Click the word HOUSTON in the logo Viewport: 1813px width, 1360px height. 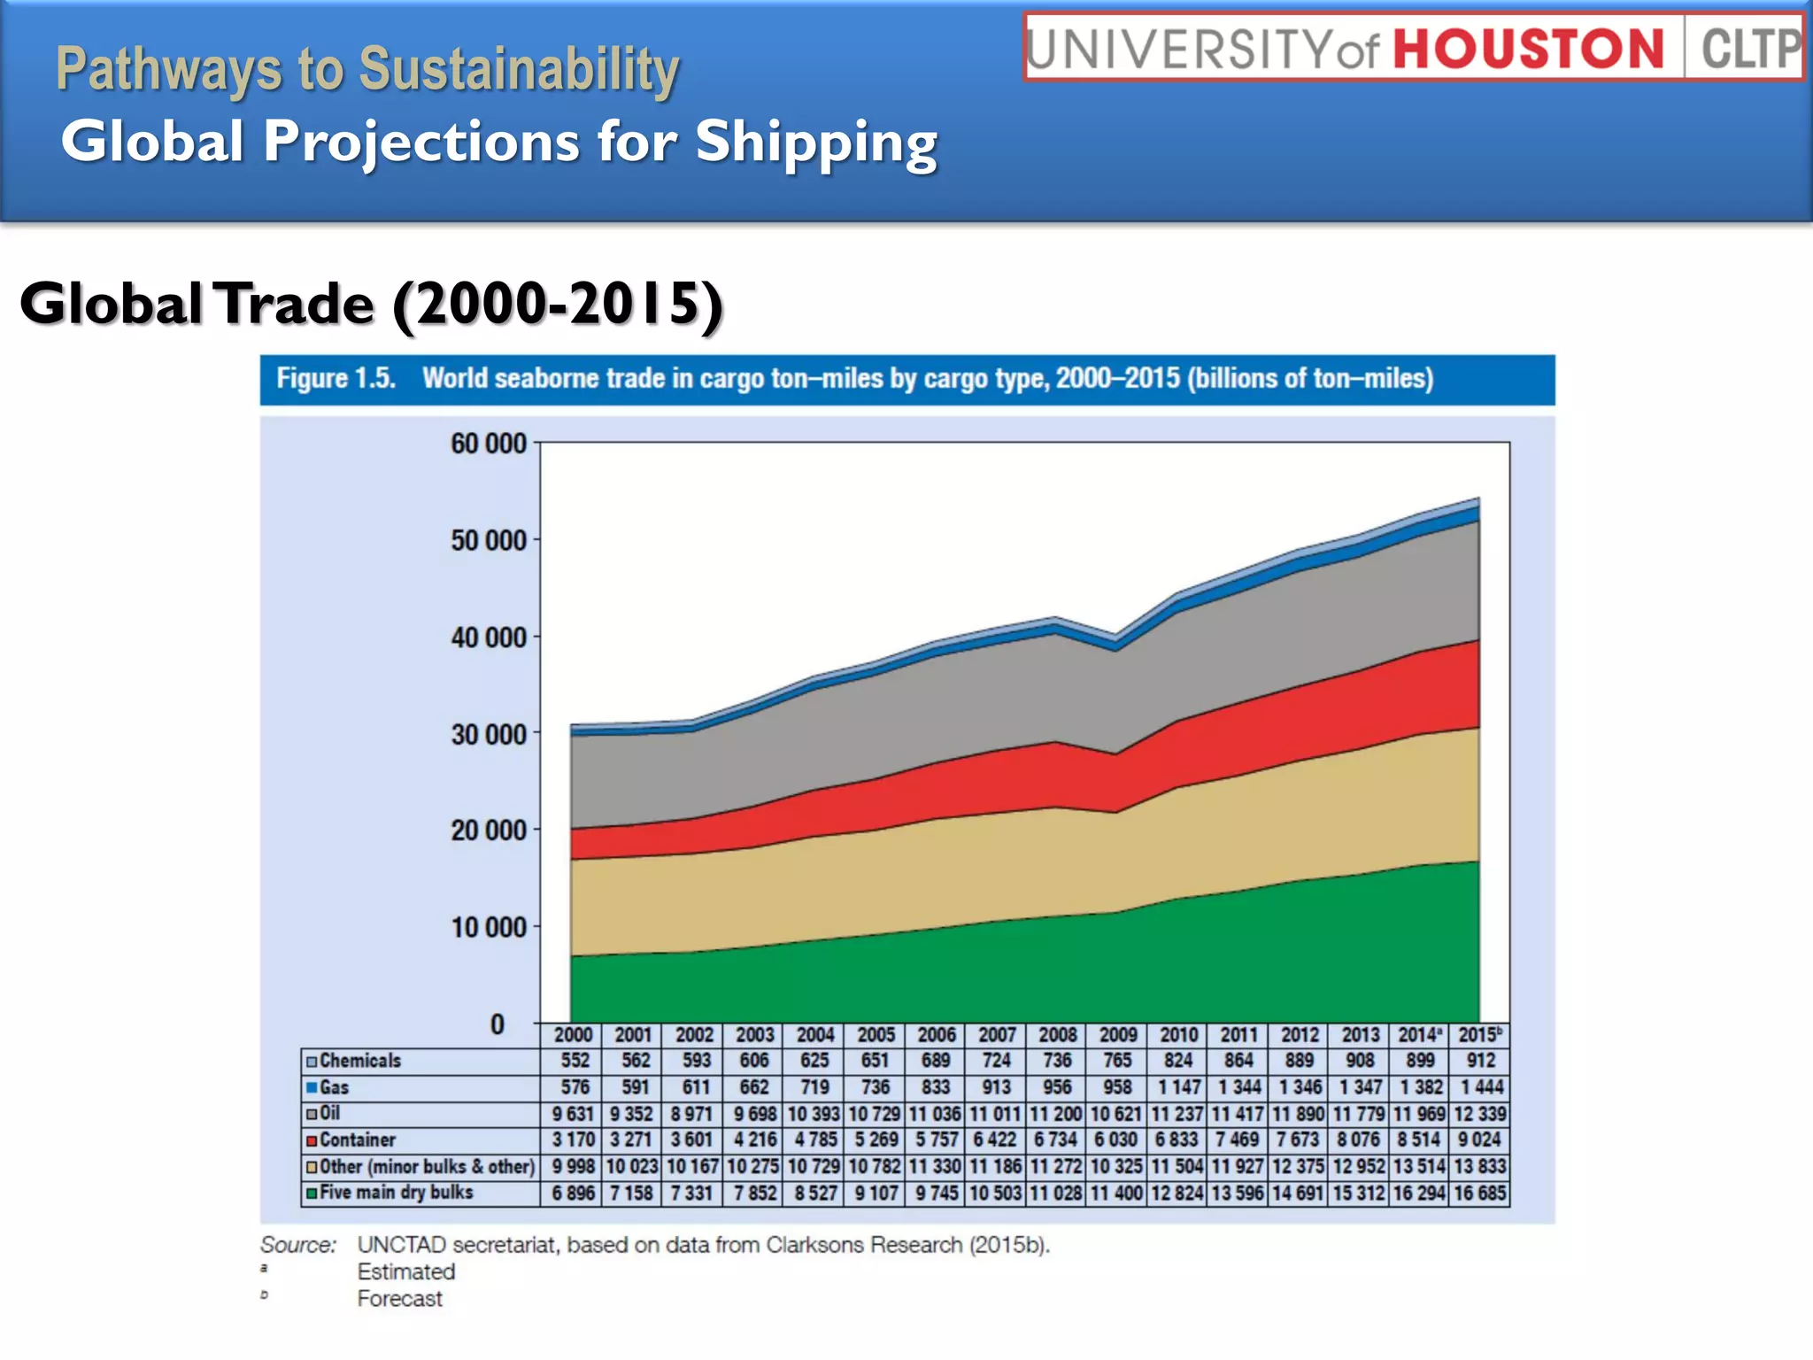[1529, 49]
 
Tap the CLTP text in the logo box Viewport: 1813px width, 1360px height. [1748, 49]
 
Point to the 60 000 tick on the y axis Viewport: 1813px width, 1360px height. [489, 444]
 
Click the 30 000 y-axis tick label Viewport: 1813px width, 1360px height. [489, 734]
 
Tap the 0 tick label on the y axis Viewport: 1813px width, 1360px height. [498, 1024]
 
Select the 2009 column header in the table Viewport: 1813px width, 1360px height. [1118, 1035]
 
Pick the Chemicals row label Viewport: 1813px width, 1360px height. [359, 1061]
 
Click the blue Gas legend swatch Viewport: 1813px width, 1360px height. [312, 1087]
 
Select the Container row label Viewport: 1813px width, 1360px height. [357, 1140]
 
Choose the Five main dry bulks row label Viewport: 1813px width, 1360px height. [396, 1193]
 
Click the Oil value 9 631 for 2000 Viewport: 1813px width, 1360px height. [572, 1114]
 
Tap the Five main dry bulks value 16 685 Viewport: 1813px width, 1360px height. [1479, 1194]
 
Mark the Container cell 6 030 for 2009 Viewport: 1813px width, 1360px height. [1117, 1140]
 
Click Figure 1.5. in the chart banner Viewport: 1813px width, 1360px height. [336, 379]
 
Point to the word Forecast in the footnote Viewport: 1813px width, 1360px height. [399, 1299]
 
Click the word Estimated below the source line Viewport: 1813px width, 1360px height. [405, 1272]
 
